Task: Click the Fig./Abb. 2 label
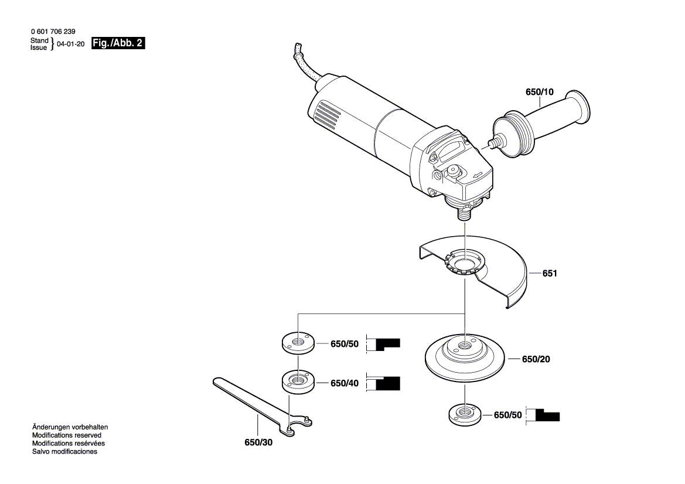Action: click(118, 44)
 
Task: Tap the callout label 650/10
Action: click(539, 93)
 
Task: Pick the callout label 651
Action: click(549, 273)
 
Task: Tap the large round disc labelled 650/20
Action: click(464, 357)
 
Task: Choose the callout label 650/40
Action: click(344, 383)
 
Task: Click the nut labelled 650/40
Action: click(298, 381)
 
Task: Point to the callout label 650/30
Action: click(258, 442)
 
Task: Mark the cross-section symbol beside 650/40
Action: click(384, 383)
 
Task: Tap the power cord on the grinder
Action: click(305, 64)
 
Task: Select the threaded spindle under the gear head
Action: click(464, 212)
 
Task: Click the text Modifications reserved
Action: click(66, 435)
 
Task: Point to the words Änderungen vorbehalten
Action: click(70, 427)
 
